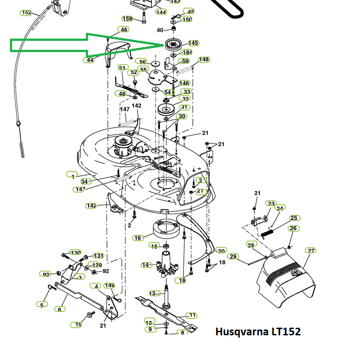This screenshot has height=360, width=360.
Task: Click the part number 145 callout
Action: click(193, 43)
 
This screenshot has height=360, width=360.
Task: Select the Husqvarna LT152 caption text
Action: click(258, 332)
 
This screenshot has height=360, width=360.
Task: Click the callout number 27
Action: click(311, 250)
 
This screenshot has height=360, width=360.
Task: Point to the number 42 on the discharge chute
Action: click(297, 273)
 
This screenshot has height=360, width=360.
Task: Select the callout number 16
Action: click(138, 238)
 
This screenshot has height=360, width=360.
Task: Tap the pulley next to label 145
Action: click(173, 44)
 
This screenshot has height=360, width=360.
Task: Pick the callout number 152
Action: click(26, 13)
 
